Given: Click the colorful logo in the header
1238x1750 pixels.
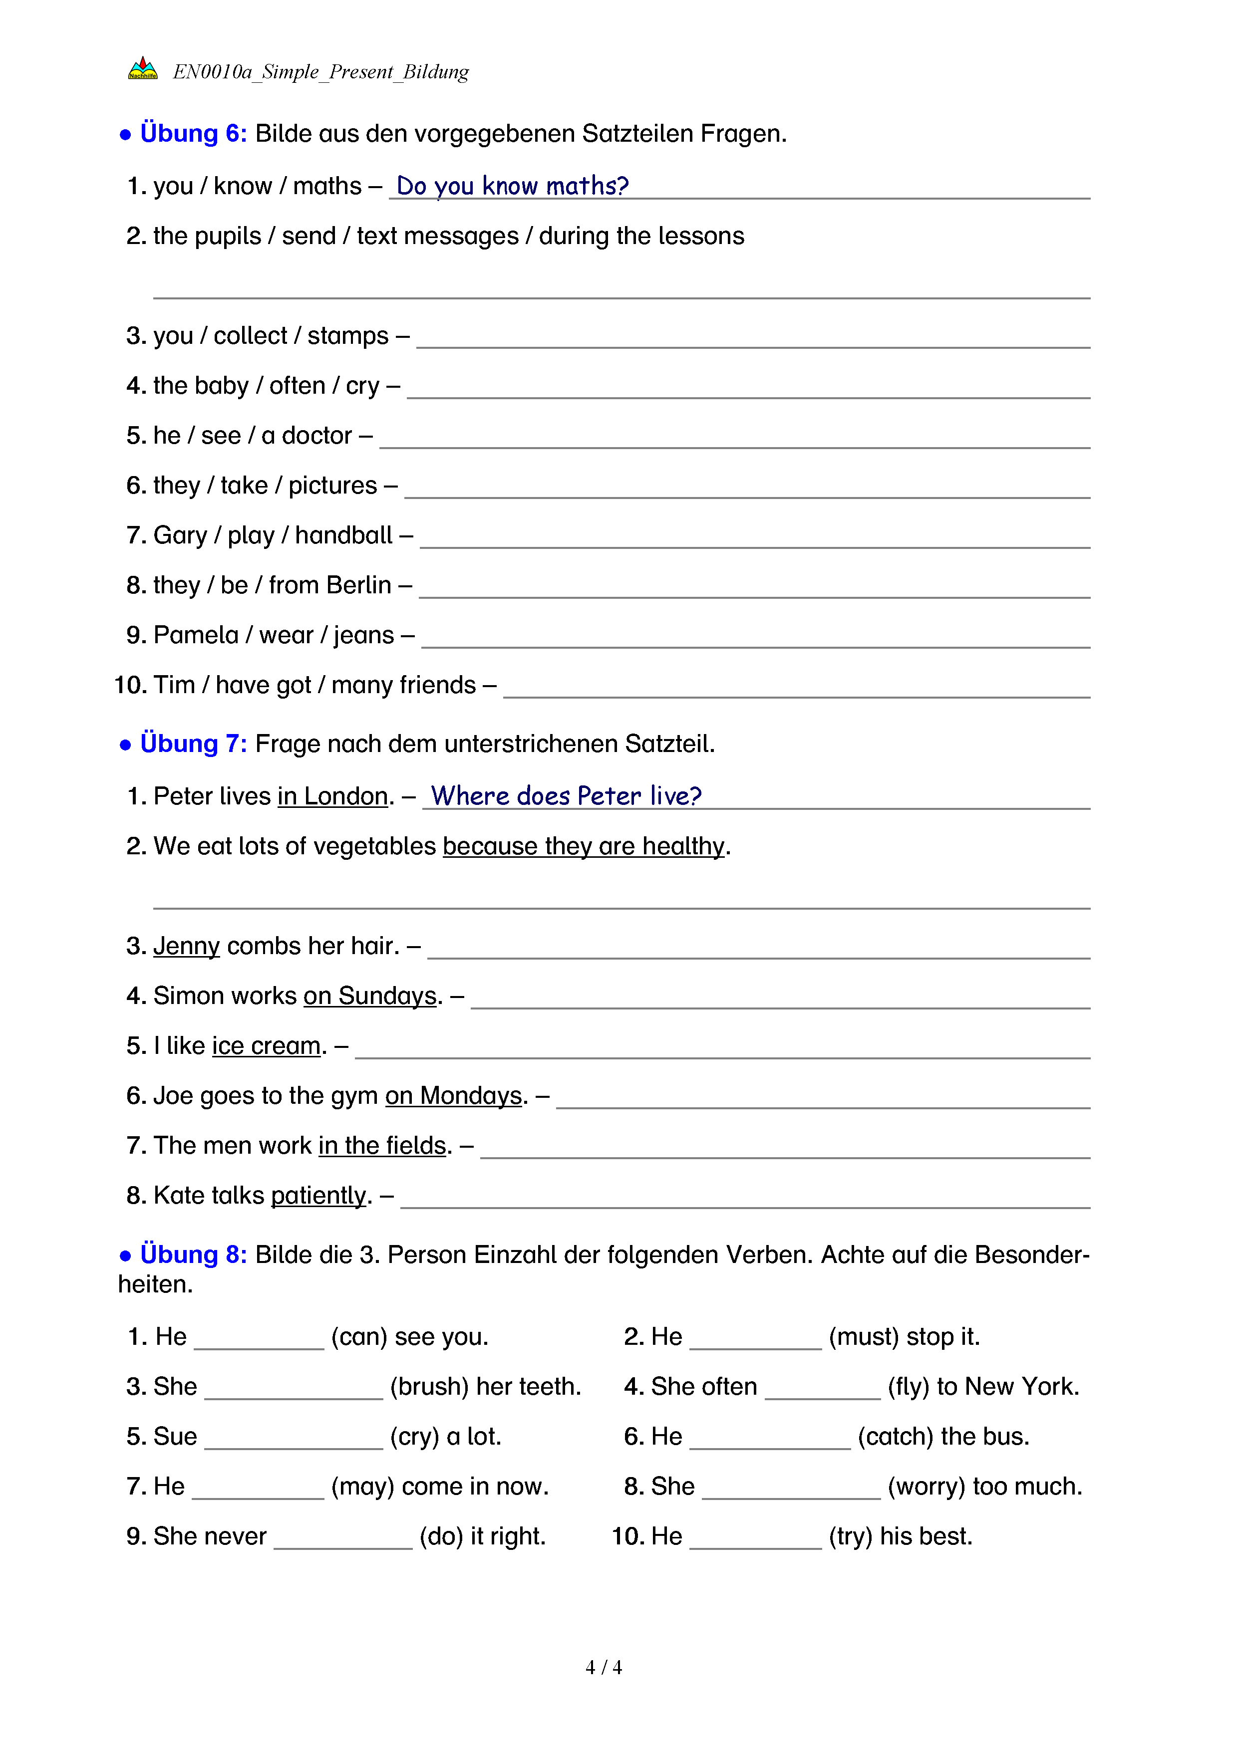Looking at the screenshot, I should pyautogui.click(x=143, y=69).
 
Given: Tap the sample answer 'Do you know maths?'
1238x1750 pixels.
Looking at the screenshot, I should pyautogui.click(x=512, y=186).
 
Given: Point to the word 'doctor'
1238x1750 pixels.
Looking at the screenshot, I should pyautogui.click(x=316, y=436).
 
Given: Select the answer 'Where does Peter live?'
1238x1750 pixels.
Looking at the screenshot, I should pyautogui.click(x=566, y=796).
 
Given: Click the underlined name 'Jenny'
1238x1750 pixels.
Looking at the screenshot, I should pyautogui.click(x=187, y=946).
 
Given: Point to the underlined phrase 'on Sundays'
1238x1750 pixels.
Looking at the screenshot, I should pyautogui.click(x=370, y=996).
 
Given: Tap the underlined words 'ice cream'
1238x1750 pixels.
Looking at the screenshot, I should pyautogui.click(x=266, y=1046).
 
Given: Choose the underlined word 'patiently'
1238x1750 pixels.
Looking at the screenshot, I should pyautogui.click(x=318, y=1195).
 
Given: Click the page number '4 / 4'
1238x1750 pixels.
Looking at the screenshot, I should pyautogui.click(x=603, y=1668).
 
